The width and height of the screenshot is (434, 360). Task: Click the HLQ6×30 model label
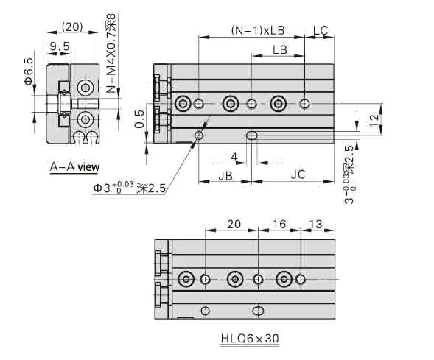249,339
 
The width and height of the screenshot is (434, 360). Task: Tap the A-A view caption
74,167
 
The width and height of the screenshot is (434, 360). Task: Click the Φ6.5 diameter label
29,71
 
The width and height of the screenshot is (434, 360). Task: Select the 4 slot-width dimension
234,156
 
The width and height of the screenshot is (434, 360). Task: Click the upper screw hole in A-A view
86,88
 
